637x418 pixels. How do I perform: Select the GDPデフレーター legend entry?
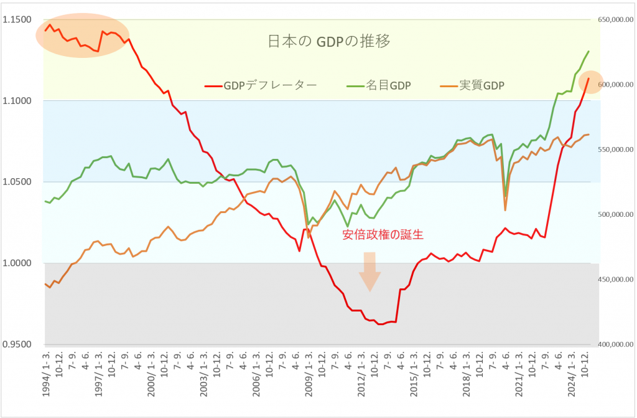tap(261, 85)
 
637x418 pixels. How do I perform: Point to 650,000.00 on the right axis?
tap(615, 20)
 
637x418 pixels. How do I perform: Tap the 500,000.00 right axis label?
tap(615, 214)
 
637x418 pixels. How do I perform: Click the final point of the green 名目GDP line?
tap(588, 52)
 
